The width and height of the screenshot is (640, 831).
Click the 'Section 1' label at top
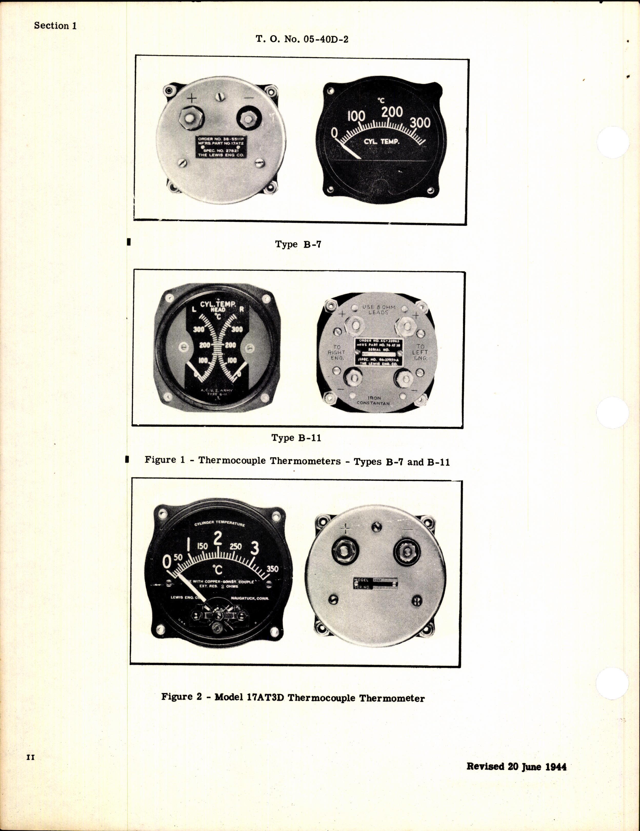pos(55,26)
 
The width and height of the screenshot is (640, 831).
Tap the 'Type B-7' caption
pos(298,244)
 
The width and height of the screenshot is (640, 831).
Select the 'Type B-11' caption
pos(296,438)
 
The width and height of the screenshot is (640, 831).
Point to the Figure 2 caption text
pos(293,698)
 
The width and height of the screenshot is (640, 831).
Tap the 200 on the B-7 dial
pos(392,112)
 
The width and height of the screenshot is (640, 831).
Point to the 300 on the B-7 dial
pos(420,122)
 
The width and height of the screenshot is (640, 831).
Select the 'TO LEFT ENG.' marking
pos(420,352)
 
